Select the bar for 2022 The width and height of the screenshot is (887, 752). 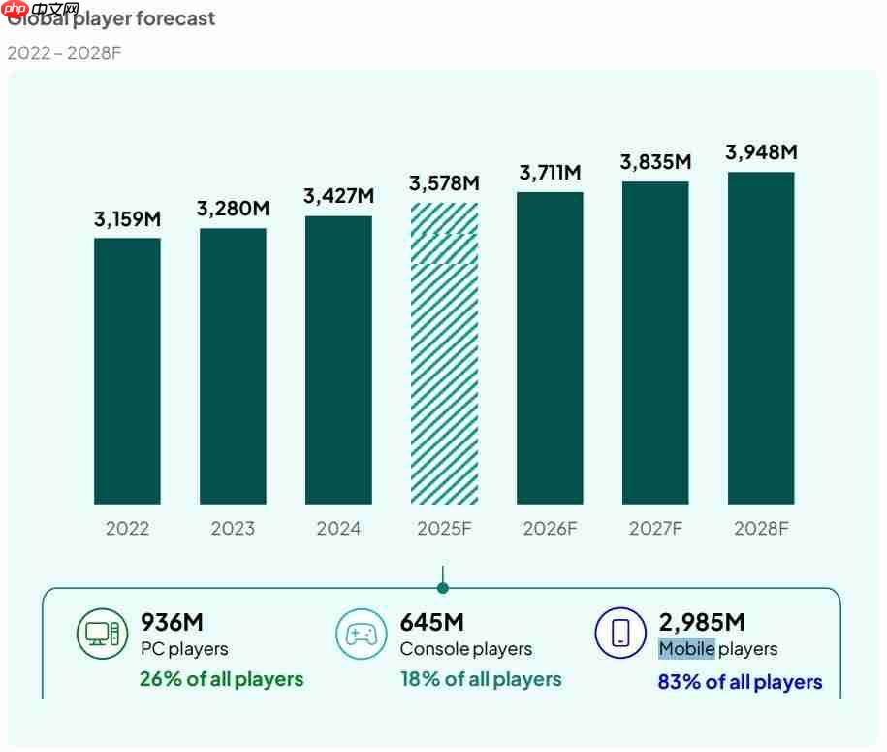coord(127,371)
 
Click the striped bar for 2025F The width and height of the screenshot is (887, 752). coord(444,353)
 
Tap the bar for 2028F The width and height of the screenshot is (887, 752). coord(761,338)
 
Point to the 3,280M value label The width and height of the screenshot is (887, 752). coord(233,209)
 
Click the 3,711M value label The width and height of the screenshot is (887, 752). coord(550,173)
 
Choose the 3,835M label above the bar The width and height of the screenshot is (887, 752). coord(655,162)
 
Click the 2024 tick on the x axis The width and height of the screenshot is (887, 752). coord(338,529)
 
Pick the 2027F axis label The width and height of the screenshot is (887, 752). coord(655,529)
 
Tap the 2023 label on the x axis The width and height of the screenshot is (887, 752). coord(233,529)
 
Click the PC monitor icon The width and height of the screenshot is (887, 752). coord(102,634)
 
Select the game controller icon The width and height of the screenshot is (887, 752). coord(362,634)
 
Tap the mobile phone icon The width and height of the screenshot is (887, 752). coord(620,634)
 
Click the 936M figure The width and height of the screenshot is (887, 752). coord(173,622)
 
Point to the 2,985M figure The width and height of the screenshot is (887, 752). coord(702,622)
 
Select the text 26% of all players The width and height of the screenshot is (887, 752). coord(221,679)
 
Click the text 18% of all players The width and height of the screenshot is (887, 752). coord(481,679)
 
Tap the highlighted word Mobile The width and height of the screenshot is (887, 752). coord(686,649)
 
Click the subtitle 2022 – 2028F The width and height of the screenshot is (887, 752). coord(64,52)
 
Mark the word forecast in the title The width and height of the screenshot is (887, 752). coord(175,18)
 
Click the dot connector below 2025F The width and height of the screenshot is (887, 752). coord(443,588)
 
